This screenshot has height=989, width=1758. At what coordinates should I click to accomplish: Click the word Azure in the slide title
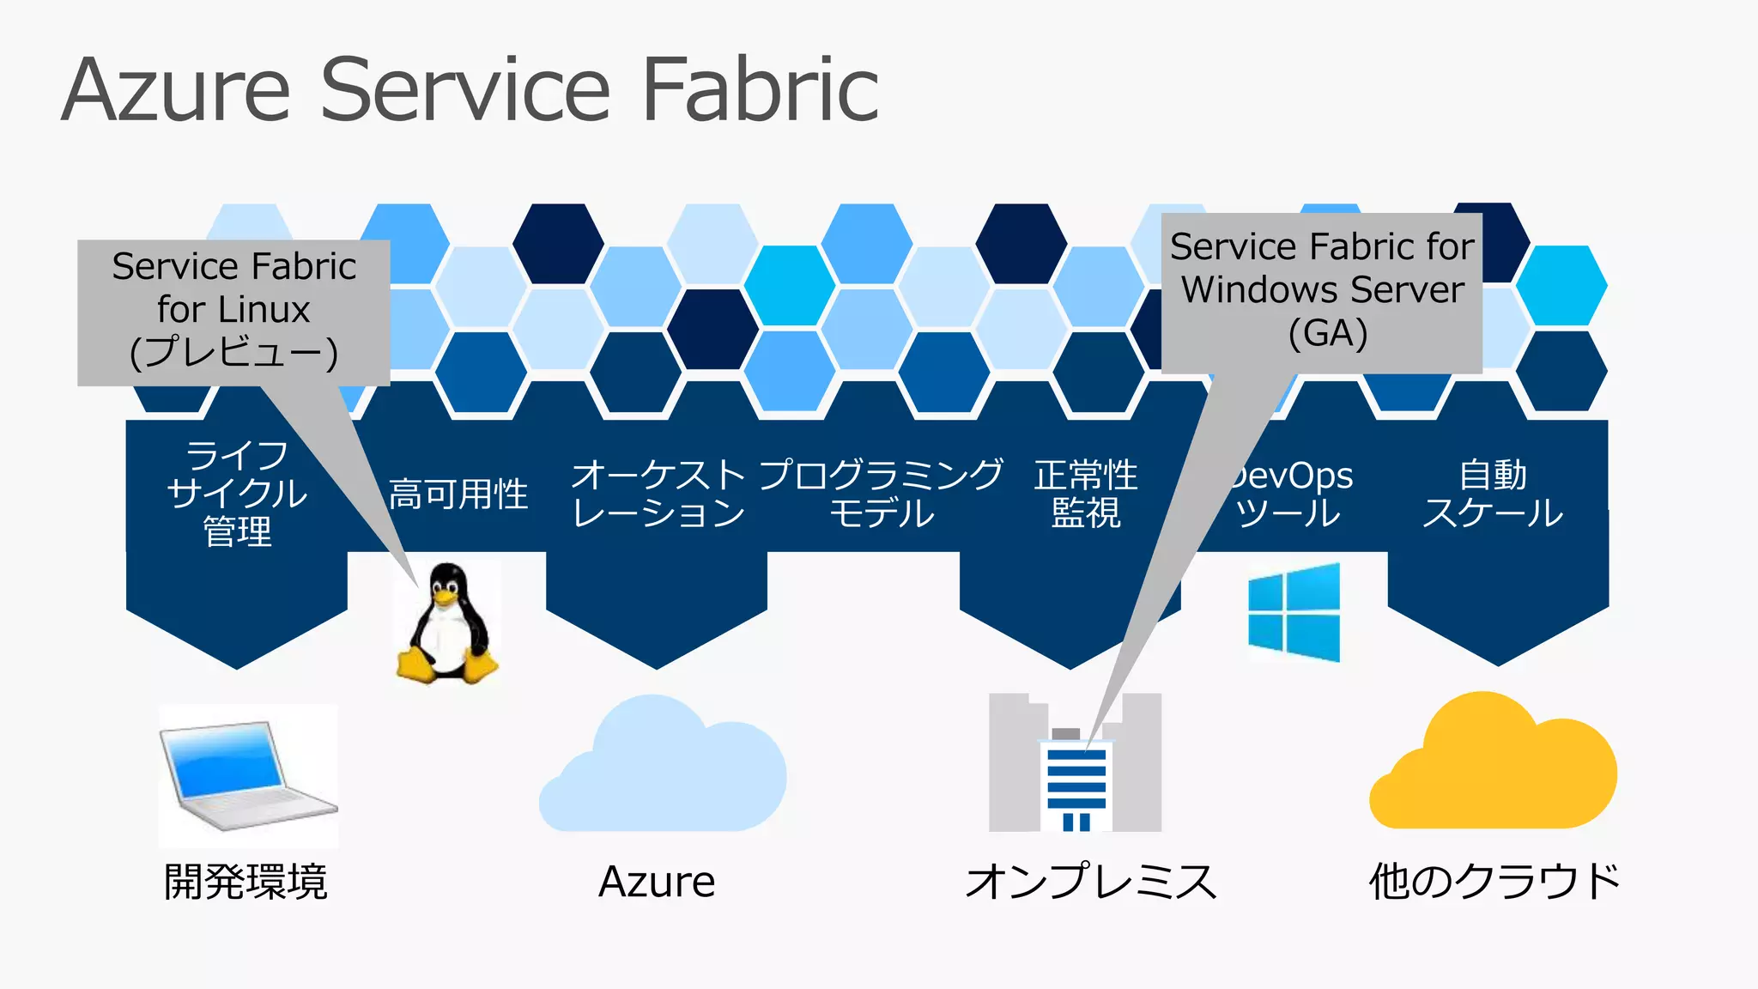[176, 90]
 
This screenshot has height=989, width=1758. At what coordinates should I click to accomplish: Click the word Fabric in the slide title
[761, 90]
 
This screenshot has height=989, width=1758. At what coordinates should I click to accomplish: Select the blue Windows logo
[1294, 612]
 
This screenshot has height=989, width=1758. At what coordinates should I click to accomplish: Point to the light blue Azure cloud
[662, 767]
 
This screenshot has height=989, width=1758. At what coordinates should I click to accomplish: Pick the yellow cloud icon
[1493, 764]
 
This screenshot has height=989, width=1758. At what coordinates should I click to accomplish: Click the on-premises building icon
[1075, 764]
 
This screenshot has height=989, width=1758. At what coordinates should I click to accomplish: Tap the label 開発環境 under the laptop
[246, 882]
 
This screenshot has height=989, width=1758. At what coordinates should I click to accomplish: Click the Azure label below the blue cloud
[657, 882]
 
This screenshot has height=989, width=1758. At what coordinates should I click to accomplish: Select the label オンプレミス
[1091, 882]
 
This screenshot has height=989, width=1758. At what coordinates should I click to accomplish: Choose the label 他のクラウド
[1494, 882]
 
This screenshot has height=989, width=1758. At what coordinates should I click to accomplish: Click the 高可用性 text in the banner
[458, 494]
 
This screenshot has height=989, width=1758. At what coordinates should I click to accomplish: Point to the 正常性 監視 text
[1086, 494]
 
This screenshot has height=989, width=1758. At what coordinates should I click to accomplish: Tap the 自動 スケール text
[1493, 494]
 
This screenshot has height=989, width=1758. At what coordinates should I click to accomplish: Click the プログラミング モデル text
[881, 494]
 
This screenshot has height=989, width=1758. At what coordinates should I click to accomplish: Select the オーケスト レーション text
[658, 494]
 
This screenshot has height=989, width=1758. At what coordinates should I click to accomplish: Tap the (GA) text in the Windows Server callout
[1327, 333]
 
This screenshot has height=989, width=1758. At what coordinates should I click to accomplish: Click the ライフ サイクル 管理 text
[237, 493]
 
